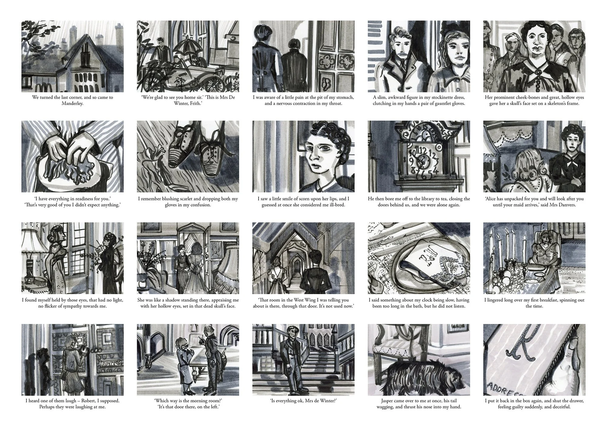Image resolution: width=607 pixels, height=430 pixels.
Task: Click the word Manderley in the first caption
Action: pos(73,104)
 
